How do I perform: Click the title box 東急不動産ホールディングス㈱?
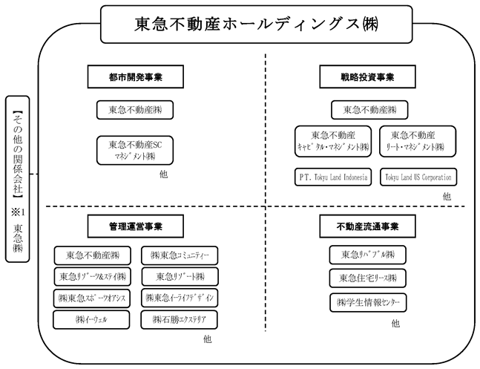tap(257, 25)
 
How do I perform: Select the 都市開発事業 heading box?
tap(135, 76)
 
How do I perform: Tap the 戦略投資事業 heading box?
tap(367, 76)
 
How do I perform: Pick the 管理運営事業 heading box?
tap(135, 226)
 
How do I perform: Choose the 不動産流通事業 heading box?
tap(367, 226)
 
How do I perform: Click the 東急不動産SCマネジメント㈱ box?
tap(135, 151)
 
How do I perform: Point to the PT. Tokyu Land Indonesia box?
tap(333, 177)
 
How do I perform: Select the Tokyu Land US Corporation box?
tap(418, 177)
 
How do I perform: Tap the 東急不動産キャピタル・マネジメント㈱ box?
tap(333, 141)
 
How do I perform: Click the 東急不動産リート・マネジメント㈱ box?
tap(418, 141)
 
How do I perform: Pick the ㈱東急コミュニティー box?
tap(180, 255)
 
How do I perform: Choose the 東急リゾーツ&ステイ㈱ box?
tap(93, 277)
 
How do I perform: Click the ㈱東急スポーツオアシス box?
tap(92, 298)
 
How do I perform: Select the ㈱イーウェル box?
tap(91, 320)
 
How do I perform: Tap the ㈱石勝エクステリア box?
tap(179, 320)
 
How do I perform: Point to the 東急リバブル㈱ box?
tap(368, 255)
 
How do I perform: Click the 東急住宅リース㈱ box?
tap(368, 278)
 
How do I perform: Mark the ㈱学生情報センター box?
tap(368, 303)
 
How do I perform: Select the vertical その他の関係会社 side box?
tap(18, 179)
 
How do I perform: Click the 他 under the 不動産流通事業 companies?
tap(395, 323)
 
